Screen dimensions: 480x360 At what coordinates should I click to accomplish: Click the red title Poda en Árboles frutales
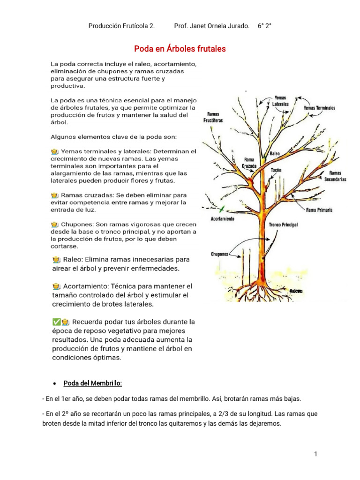180,49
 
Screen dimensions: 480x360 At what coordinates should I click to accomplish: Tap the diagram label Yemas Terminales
320,108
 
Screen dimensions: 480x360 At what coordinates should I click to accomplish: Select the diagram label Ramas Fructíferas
213,117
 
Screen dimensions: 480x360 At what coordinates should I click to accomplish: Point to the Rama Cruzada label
249,162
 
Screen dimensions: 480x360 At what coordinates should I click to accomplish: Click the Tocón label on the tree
276,170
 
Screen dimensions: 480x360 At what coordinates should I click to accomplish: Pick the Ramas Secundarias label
335,176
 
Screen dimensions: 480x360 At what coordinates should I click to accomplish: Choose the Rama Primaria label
319,210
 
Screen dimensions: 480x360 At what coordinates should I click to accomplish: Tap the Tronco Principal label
283,225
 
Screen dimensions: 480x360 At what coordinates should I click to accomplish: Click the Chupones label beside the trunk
219,254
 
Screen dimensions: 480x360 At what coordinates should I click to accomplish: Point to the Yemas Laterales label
280,100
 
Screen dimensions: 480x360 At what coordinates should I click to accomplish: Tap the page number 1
316,454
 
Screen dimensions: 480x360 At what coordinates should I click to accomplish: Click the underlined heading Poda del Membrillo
92,383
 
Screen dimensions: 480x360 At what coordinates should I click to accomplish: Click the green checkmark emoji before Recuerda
56,322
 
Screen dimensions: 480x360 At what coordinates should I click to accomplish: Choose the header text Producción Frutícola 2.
121,26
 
